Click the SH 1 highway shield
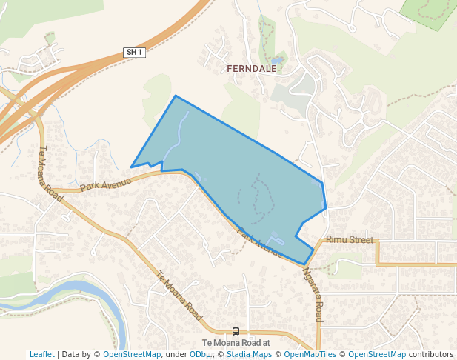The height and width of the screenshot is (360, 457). (x=133, y=52)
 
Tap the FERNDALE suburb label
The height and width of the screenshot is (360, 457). (x=250, y=68)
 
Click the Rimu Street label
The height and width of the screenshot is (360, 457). (x=350, y=240)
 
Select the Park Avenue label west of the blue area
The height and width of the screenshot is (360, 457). (x=105, y=183)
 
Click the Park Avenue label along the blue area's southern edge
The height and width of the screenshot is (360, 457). (x=258, y=241)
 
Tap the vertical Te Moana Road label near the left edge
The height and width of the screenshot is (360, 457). (x=50, y=171)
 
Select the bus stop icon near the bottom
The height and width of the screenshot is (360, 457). (x=236, y=331)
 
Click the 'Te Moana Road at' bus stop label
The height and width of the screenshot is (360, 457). (x=236, y=343)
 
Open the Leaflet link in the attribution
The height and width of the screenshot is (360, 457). (x=41, y=355)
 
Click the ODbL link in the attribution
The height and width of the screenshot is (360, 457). (x=200, y=355)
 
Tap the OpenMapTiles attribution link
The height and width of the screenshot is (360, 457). (x=310, y=355)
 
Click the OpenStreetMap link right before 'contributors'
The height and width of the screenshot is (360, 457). (x=377, y=355)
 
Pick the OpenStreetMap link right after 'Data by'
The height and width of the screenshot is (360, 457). (x=132, y=355)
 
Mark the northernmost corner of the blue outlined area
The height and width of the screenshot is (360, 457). (x=176, y=96)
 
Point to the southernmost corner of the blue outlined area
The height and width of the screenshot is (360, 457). (x=305, y=264)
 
